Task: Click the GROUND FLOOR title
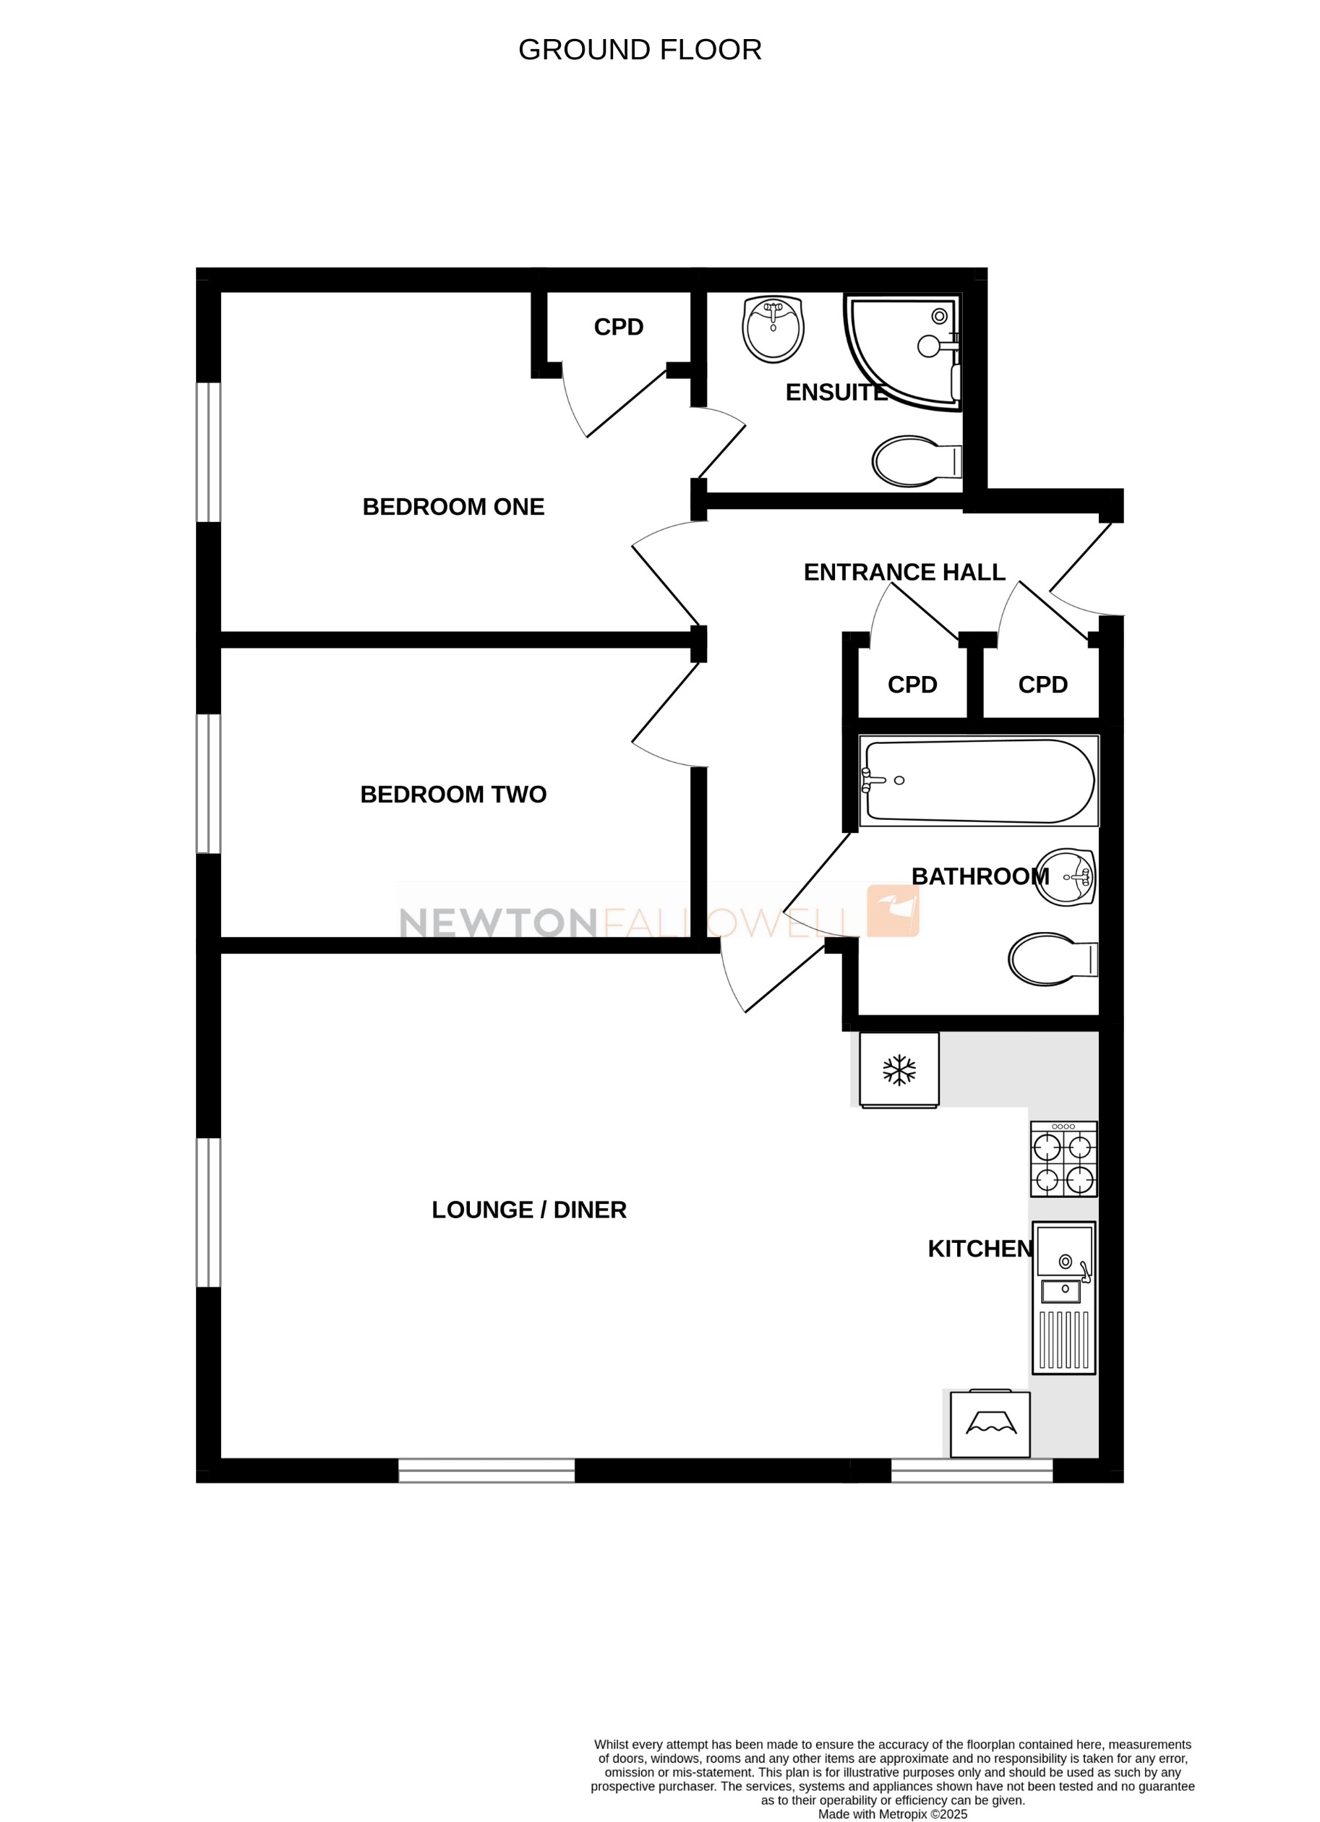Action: pyautogui.click(x=640, y=50)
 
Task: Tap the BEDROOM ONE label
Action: pyautogui.click(x=453, y=507)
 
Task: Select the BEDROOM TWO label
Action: pyautogui.click(x=453, y=795)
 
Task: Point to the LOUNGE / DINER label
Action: pyautogui.click(x=528, y=1210)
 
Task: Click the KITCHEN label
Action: pyautogui.click(x=980, y=1249)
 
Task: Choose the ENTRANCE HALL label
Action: pyautogui.click(x=904, y=572)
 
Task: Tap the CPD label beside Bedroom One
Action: pyautogui.click(x=619, y=327)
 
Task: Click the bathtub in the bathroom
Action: pyautogui.click(x=979, y=781)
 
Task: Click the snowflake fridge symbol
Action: pyautogui.click(x=899, y=1070)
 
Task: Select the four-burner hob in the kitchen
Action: pyautogui.click(x=1063, y=1159)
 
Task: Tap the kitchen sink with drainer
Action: pyautogui.click(x=1063, y=1297)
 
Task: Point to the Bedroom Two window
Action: pyautogui.click(x=209, y=783)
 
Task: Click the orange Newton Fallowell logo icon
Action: pyautogui.click(x=893, y=911)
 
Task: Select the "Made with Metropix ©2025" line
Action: pyautogui.click(x=893, y=1814)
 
